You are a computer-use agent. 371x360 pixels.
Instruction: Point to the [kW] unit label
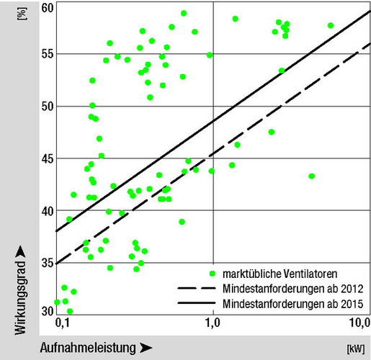point(354,349)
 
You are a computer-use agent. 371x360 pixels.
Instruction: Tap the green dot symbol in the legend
point(211,274)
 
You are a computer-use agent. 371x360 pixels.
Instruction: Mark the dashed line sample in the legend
point(195,288)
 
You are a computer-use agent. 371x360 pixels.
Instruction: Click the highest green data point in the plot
point(184,14)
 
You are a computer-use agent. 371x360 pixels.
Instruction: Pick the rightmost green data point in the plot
point(331,25)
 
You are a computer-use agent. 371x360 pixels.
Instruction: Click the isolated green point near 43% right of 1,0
point(311,176)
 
